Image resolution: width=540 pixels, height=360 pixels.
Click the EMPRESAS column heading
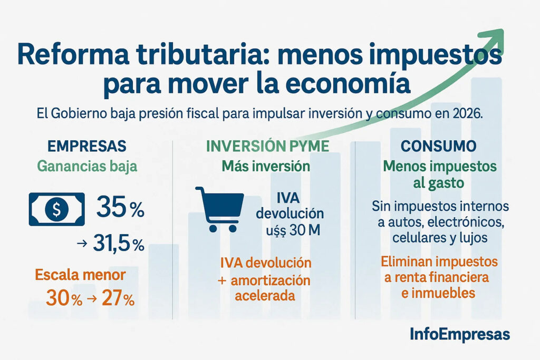(87, 146)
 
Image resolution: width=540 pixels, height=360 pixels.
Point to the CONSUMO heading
(439, 146)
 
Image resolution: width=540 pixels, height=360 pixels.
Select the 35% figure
(120, 209)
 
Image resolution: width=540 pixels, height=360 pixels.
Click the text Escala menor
(80, 275)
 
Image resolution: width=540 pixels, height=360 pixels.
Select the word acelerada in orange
(265, 296)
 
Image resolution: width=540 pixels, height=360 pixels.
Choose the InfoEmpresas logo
(459, 334)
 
